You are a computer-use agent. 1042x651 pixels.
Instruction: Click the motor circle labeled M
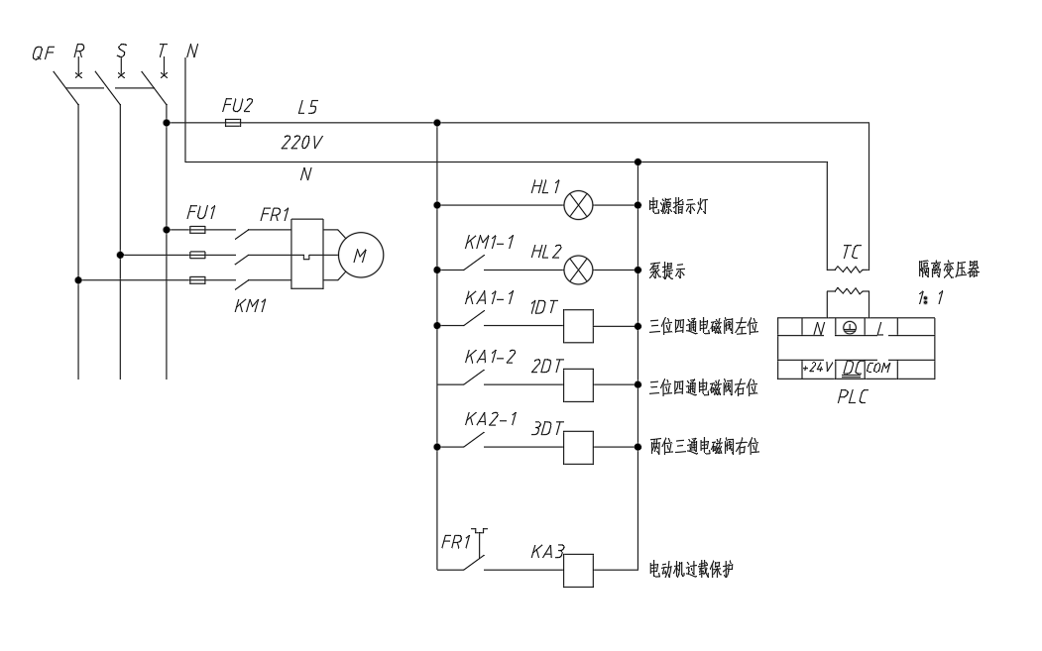pyautogui.click(x=360, y=255)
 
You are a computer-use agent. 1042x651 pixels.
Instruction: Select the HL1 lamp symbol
pyautogui.click(x=578, y=205)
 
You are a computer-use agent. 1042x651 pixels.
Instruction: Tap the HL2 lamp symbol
pyautogui.click(x=578, y=270)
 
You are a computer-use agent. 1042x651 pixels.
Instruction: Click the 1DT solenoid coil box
pyautogui.click(x=578, y=326)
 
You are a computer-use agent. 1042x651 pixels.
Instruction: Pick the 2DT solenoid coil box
pyautogui.click(x=578, y=385)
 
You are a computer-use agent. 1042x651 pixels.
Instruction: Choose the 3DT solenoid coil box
pyautogui.click(x=578, y=448)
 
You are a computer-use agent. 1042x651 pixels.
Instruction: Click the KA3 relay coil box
pyautogui.click(x=578, y=571)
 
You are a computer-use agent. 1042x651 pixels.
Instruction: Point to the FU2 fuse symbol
pyautogui.click(x=233, y=123)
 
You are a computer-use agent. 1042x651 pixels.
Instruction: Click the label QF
pyautogui.click(x=44, y=53)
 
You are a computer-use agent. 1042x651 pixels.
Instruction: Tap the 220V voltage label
pyautogui.click(x=301, y=142)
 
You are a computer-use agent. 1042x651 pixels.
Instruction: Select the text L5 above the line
pyautogui.click(x=307, y=107)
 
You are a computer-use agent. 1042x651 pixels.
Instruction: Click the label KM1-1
pyautogui.click(x=489, y=243)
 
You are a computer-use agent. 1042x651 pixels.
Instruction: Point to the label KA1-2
pyautogui.click(x=490, y=358)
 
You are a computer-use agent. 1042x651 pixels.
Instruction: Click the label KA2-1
pyautogui.click(x=491, y=419)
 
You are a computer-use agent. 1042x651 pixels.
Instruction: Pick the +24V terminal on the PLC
pyautogui.click(x=817, y=368)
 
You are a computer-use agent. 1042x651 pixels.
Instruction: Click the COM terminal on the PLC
pyautogui.click(x=878, y=368)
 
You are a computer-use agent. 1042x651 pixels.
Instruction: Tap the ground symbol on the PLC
pyautogui.click(x=850, y=327)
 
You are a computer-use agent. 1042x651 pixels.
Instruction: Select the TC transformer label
pyautogui.click(x=851, y=253)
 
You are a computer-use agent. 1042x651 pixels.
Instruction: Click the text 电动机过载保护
pyautogui.click(x=691, y=570)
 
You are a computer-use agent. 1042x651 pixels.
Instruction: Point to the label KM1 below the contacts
pyautogui.click(x=251, y=306)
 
